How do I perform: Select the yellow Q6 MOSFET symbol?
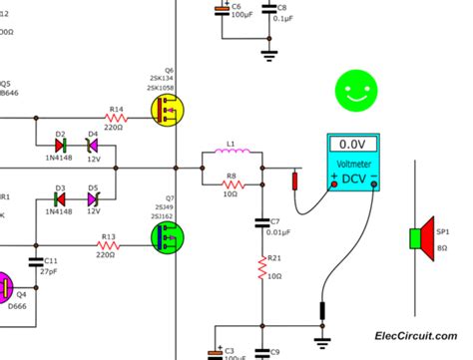coord(170,113)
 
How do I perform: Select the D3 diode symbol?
coord(61,199)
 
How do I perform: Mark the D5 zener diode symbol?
coord(92,199)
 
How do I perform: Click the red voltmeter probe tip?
coord(294,180)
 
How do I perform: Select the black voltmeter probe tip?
coord(321,311)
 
